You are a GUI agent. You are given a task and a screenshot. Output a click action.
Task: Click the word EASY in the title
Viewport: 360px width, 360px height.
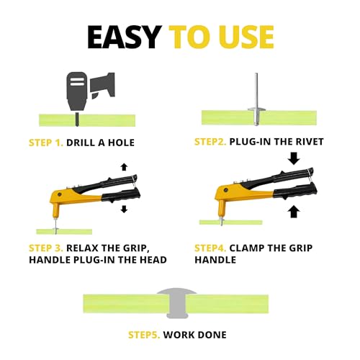pos(125,37)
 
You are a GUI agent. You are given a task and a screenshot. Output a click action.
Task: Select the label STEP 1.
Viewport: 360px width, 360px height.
pos(46,143)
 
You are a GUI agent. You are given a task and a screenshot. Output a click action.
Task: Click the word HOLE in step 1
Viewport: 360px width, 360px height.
pos(121,143)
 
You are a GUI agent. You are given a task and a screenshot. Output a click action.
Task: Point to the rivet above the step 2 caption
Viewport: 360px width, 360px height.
pos(256,99)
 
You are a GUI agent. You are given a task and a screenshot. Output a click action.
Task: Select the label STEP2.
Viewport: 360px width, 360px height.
pos(210,142)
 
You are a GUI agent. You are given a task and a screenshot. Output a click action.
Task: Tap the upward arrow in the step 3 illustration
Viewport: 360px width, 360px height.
pos(124,167)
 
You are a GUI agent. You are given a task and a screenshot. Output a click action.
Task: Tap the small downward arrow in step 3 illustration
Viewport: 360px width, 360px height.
pos(124,209)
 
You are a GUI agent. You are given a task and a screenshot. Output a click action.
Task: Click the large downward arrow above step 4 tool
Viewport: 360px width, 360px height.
pos(294,159)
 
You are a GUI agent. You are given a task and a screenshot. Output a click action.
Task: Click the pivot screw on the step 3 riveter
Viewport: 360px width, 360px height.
pos(59,194)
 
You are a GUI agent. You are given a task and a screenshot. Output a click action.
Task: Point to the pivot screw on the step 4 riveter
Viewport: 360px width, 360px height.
pos(225,190)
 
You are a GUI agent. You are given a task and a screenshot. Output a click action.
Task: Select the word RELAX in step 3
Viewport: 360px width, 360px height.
pos(82,248)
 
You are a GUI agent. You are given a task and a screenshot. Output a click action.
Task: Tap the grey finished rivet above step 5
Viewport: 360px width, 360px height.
pos(177,303)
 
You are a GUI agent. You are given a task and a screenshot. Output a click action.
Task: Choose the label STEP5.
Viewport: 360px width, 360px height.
pos(144,335)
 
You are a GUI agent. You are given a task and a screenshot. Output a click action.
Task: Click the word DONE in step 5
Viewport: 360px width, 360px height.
pos(212,335)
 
